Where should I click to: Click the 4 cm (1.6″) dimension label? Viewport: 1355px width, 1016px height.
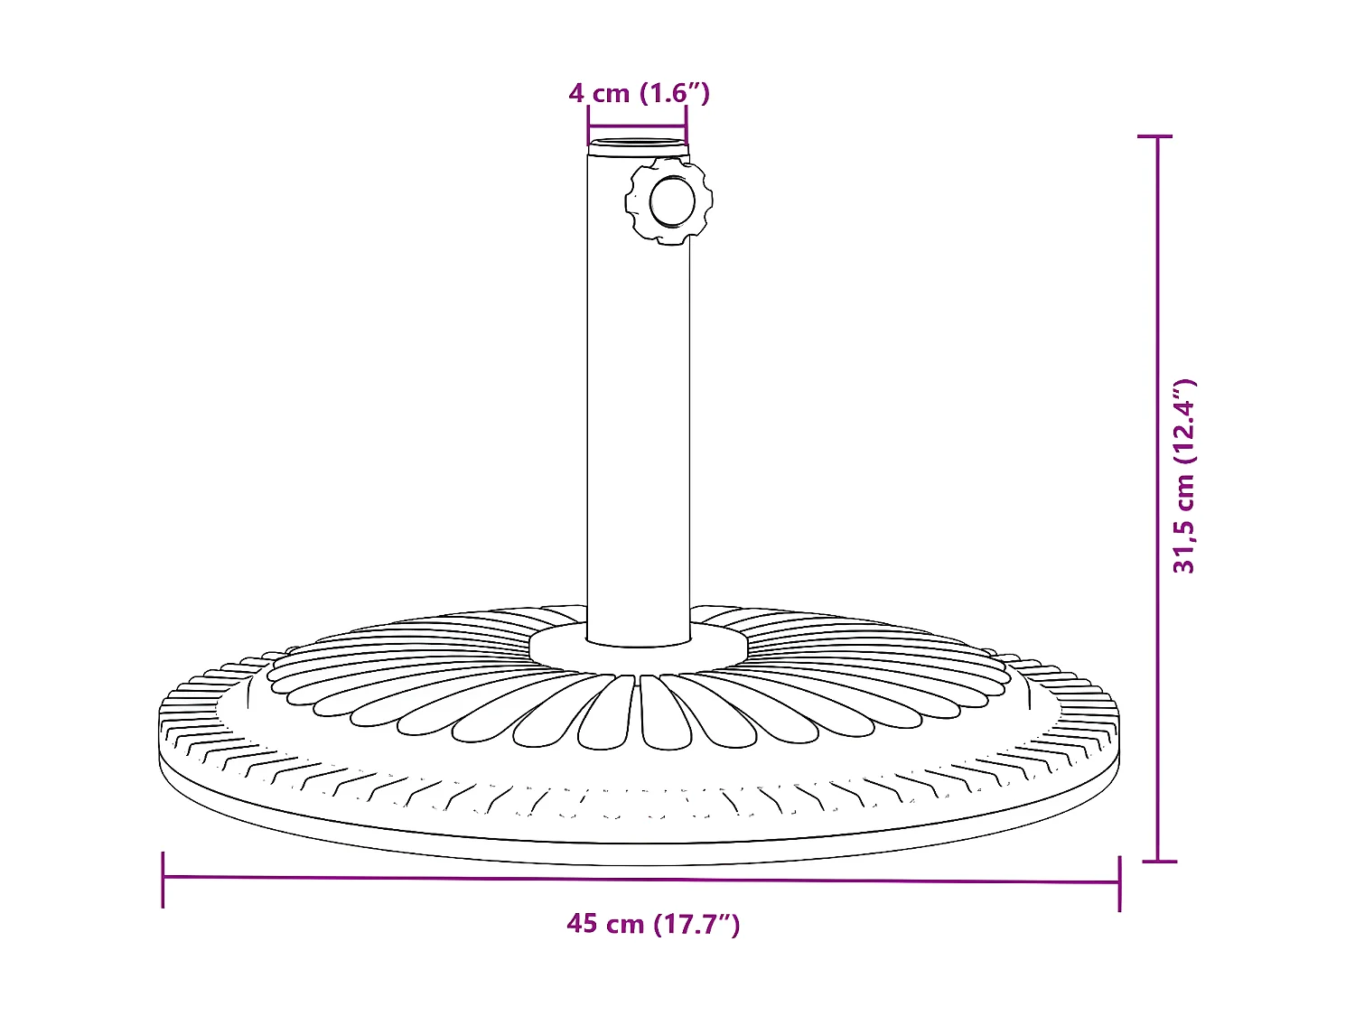(x=639, y=93)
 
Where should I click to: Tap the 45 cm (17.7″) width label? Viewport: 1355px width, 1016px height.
(x=653, y=924)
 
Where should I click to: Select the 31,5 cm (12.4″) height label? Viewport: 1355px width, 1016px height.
(x=1184, y=476)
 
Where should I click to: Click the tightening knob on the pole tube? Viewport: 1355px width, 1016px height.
(x=668, y=200)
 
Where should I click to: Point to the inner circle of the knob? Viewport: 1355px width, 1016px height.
(x=672, y=200)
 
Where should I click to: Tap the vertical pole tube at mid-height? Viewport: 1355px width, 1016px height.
(x=638, y=397)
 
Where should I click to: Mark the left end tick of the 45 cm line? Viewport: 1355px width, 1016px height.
(x=164, y=879)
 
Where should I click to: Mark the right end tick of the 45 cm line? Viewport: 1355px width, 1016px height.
(x=1119, y=882)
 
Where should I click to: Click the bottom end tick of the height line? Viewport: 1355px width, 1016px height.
(x=1159, y=862)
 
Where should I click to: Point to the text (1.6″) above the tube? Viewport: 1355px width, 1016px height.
(x=675, y=93)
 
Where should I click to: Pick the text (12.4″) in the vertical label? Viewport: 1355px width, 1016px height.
(x=1184, y=424)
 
